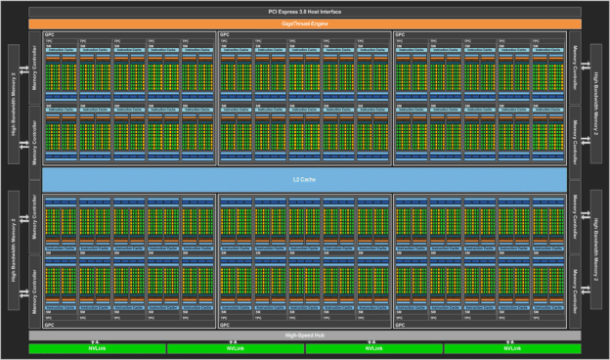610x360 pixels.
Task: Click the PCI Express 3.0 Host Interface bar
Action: [305, 11]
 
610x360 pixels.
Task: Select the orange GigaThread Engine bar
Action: [305, 22]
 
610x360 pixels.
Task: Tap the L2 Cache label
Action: [305, 180]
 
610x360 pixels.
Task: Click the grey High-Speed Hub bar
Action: [305, 335]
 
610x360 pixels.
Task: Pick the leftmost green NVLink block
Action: [97, 348]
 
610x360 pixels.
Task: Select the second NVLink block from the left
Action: [236, 348]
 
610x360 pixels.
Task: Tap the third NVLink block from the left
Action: [374, 348]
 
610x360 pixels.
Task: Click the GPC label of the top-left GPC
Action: [49, 34]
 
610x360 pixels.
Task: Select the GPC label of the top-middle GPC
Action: [225, 34]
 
